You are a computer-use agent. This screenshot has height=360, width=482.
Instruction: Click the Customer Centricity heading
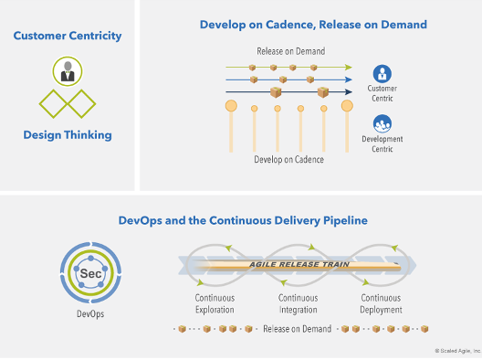[68, 37]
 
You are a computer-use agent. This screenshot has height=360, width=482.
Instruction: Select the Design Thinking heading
[68, 135]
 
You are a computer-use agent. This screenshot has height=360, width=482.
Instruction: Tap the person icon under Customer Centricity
[66, 69]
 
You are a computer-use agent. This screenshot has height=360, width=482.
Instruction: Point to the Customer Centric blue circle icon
[382, 74]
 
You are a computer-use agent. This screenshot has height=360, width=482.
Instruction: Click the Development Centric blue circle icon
[382, 123]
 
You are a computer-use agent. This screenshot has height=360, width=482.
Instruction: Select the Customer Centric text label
[382, 92]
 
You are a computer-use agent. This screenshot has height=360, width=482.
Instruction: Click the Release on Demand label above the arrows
[290, 51]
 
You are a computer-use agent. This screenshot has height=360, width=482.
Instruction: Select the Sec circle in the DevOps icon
[89, 273]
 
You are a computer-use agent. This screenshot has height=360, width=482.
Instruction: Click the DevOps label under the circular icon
[89, 313]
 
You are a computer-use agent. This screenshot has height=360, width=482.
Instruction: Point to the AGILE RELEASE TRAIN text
[288, 264]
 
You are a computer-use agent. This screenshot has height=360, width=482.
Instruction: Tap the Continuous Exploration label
[215, 303]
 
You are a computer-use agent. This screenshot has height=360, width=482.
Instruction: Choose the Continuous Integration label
[297, 303]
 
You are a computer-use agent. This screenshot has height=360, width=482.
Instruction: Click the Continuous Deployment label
[381, 303]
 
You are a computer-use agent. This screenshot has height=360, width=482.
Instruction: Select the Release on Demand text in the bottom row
[297, 329]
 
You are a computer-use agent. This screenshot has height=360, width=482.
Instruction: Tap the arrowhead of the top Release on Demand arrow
[350, 67]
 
